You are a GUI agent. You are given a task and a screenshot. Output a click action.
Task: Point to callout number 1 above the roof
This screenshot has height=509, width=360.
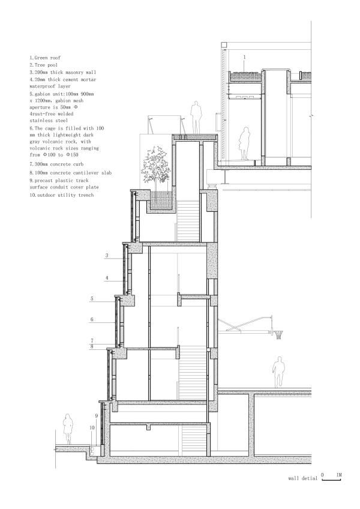(x=245, y=56)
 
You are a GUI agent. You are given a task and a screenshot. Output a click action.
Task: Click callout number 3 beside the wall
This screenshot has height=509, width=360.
(x=106, y=256)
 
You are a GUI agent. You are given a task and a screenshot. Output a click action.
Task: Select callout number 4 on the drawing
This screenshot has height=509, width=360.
(x=106, y=278)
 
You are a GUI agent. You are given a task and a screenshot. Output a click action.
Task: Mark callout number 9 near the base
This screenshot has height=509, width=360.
(x=95, y=415)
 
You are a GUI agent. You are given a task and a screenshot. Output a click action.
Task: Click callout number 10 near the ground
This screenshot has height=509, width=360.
(x=92, y=428)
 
